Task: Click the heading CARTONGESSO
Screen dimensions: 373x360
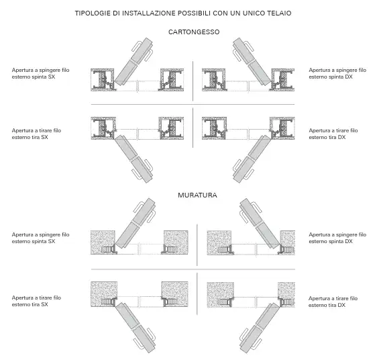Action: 194,32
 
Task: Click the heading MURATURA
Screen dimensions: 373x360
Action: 197,195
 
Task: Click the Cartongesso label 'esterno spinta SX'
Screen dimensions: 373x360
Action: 34,77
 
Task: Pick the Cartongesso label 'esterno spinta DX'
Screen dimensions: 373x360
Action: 331,77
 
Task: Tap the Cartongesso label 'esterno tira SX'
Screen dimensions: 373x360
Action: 30,138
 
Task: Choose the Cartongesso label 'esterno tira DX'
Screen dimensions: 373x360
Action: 327,138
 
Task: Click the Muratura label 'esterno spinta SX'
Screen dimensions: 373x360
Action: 34,241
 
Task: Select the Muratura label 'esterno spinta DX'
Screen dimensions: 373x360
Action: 331,241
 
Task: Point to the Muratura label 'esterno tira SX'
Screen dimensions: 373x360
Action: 30,304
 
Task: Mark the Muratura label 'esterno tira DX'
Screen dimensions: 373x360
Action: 327,305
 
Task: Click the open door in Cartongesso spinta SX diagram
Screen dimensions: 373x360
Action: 134,61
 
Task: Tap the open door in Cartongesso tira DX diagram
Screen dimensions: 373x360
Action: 252,159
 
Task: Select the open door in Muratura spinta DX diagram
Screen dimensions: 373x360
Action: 260,224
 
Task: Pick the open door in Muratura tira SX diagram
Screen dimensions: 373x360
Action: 136,328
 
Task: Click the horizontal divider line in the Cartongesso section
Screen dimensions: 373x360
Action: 193,104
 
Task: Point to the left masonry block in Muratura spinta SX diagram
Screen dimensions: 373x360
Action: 103,242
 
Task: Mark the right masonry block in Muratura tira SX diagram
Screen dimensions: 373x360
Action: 175,294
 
